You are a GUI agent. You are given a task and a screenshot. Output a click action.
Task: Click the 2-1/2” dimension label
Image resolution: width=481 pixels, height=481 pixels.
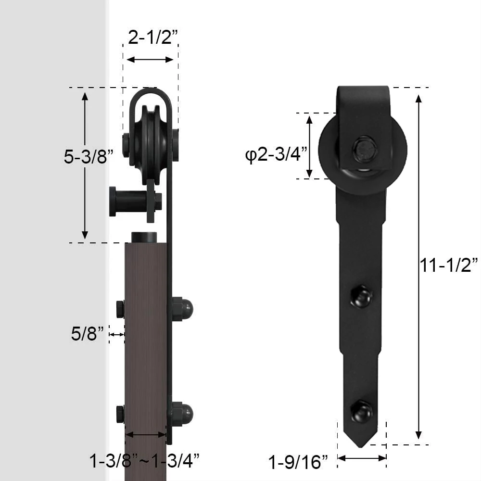point(153,38)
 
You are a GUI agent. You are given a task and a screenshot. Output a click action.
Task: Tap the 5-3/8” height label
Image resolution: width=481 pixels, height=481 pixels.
point(89,157)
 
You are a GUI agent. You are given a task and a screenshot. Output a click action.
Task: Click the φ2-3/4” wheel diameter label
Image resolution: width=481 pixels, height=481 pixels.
point(277,154)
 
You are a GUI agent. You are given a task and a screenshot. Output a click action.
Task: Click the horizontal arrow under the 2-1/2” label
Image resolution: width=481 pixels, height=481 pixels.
point(150,59)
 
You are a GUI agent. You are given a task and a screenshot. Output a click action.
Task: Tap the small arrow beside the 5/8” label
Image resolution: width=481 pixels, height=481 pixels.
point(117,334)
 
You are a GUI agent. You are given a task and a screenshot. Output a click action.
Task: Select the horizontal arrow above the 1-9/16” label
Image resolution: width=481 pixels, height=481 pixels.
point(362,458)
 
